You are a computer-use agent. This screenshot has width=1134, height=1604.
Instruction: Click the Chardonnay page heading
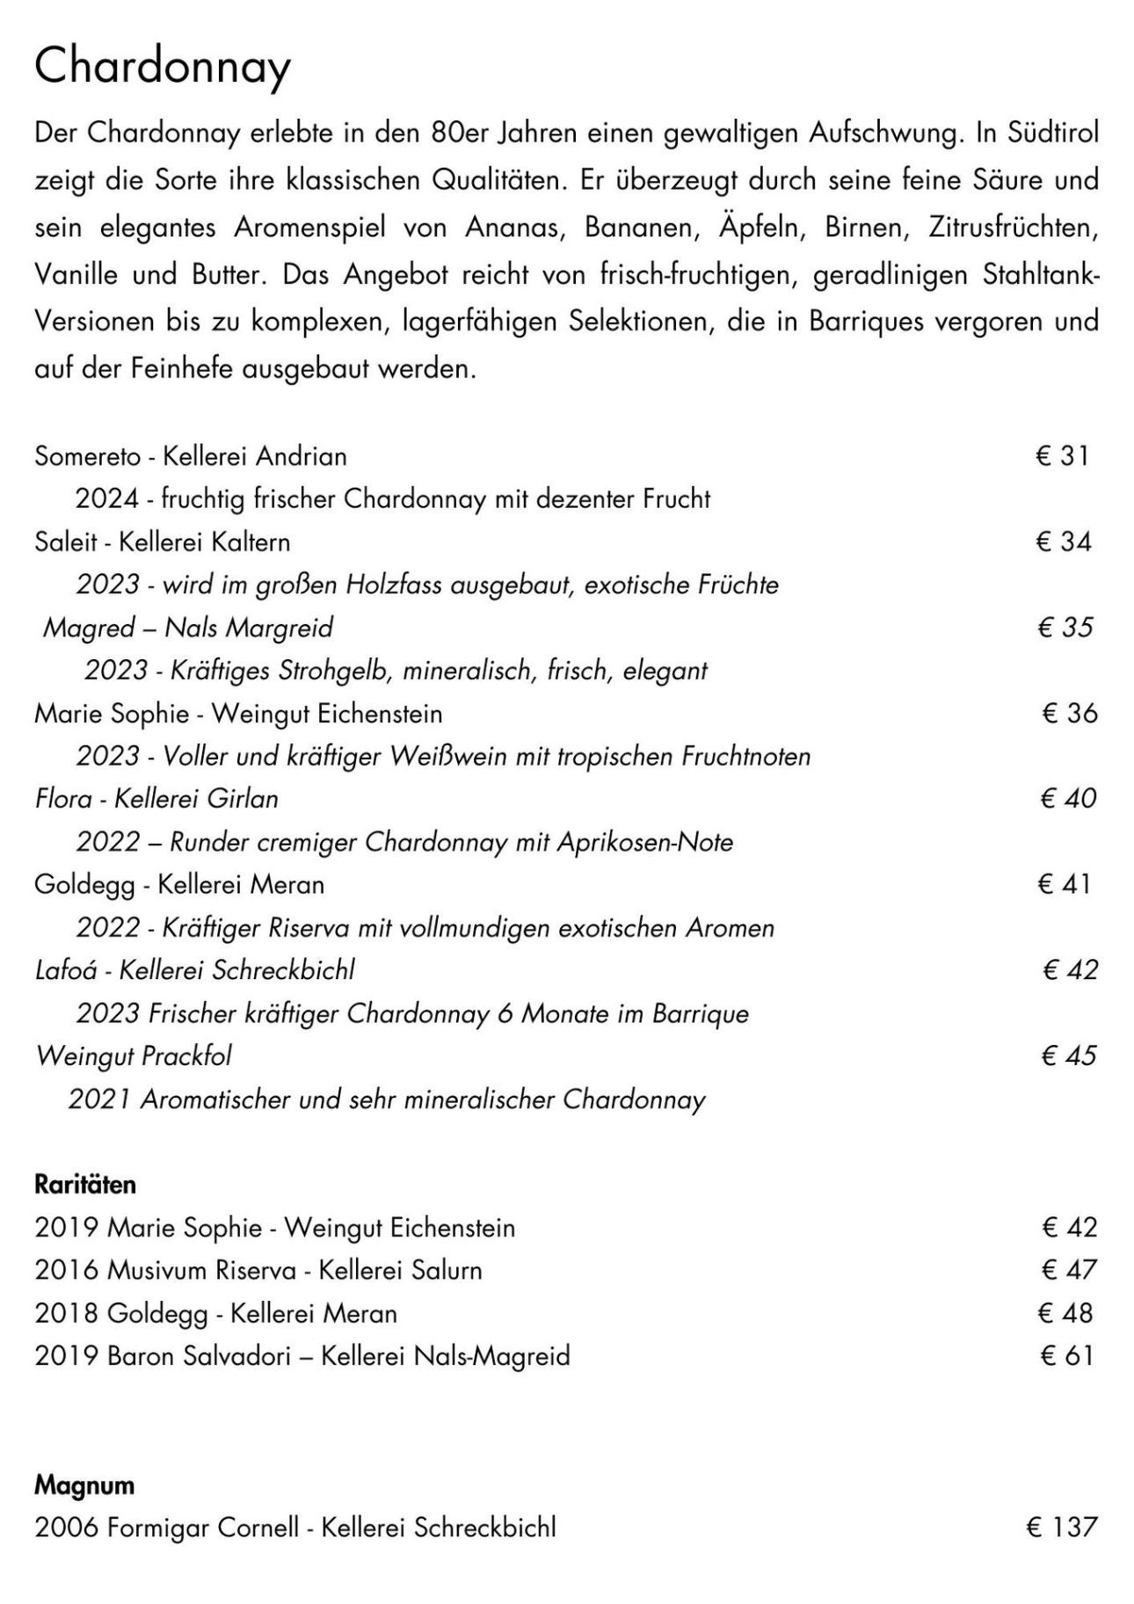click(162, 66)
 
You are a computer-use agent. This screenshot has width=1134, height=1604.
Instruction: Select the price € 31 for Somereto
click(1062, 455)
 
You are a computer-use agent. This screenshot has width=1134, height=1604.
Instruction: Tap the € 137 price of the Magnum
click(1061, 1527)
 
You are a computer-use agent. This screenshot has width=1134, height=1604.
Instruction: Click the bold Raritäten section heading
click(85, 1185)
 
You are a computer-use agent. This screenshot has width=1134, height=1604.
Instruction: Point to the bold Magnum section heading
click(84, 1485)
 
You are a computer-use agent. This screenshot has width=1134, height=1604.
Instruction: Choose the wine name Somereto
click(87, 456)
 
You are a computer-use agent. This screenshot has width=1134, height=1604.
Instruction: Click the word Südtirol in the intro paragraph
click(1052, 134)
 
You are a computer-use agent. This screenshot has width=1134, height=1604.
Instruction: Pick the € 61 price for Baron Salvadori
click(1065, 1355)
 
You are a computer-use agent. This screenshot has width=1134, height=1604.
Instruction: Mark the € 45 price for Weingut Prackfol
click(1067, 1056)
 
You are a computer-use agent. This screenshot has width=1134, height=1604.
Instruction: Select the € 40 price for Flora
click(1067, 798)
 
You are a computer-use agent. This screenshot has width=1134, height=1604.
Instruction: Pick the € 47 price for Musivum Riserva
click(1068, 1269)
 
